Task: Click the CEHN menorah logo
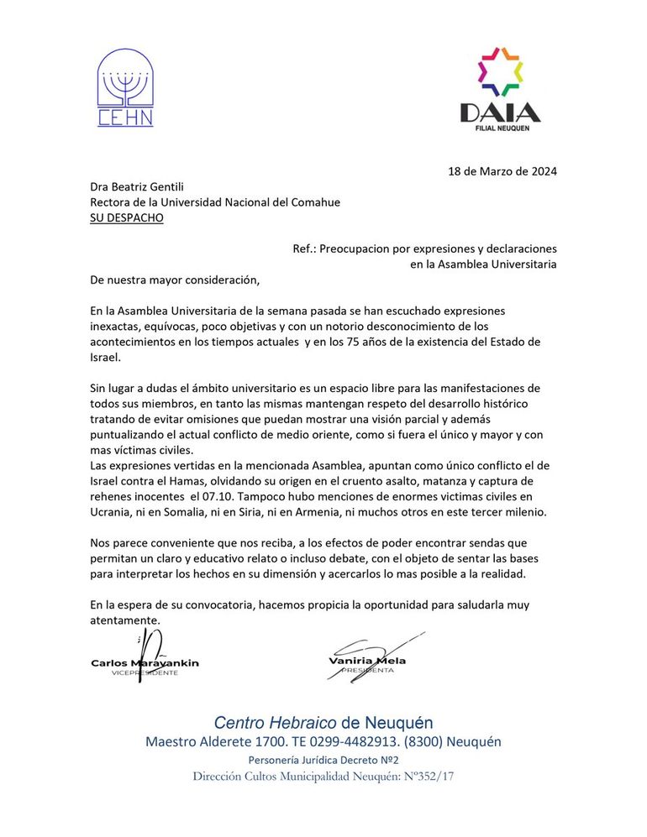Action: [x=125, y=87]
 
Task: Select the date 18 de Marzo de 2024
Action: [x=502, y=171]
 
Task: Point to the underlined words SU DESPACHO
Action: [x=127, y=217]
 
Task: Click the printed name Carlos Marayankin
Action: [x=145, y=663]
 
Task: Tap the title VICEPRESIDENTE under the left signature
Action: [x=145, y=673]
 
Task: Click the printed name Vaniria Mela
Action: [x=367, y=661]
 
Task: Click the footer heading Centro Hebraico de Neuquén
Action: [x=323, y=723]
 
